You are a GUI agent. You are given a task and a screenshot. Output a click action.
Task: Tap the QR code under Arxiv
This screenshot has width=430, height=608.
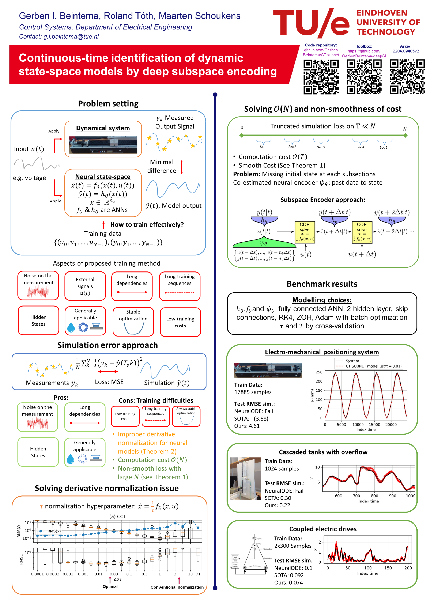tap(407, 77)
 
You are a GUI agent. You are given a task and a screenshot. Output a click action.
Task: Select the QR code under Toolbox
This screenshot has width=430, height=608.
tap(364, 77)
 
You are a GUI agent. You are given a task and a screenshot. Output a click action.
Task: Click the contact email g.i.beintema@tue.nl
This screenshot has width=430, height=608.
tap(71, 37)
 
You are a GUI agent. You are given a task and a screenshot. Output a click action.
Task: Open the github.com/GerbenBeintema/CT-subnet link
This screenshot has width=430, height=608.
tap(321, 52)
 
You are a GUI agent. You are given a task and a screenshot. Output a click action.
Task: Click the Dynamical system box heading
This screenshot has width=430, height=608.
tap(103, 128)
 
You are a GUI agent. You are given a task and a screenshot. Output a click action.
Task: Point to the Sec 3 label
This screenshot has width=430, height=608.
tap(321, 147)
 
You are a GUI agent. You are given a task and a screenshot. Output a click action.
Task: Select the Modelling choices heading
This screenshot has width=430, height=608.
tap(322, 300)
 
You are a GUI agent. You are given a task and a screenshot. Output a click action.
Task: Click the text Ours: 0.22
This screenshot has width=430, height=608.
tap(277, 505)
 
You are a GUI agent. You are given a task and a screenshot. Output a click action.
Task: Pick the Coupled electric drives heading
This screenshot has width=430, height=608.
tap(323, 529)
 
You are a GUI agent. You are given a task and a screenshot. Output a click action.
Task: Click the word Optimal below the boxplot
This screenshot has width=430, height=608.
tap(110, 586)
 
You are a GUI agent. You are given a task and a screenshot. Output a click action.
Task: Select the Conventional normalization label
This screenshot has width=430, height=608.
tap(177, 587)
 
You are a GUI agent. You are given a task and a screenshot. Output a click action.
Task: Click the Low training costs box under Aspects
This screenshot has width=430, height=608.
tap(180, 322)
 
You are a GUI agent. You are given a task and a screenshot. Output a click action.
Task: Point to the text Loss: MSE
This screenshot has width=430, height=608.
tap(109, 382)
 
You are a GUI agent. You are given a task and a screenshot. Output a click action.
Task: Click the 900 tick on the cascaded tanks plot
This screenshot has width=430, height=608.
tap(392, 496)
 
